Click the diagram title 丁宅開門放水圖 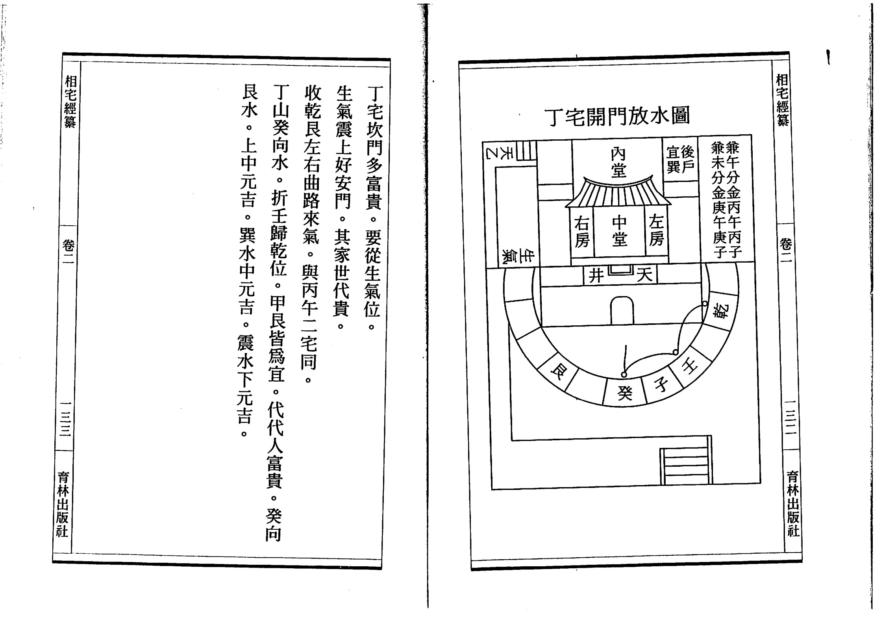point(616,117)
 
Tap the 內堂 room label point(618,162)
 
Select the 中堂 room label point(619,231)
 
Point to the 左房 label point(656,231)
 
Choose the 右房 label point(581,232)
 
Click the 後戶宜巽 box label point(680,159)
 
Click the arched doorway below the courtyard point(622,311)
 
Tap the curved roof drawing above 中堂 point(618,193)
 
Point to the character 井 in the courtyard point(596,275)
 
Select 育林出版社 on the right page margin point(792,504)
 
